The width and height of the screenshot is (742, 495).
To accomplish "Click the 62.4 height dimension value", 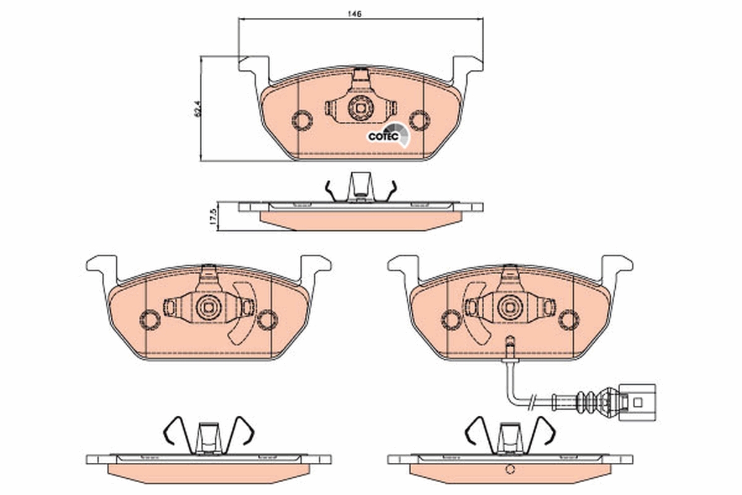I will (x=197, y=109).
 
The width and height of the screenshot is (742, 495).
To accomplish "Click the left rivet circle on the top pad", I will (x=302, y=119).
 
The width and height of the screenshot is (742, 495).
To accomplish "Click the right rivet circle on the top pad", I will (x=419, y=119).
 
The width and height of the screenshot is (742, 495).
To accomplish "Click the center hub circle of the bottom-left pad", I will (x=209, y=306).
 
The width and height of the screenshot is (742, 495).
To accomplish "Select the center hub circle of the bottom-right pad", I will (x=510, y=306).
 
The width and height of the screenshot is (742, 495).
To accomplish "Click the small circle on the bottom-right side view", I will (x=510, y=469).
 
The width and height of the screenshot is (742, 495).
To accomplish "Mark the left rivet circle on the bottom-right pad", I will (x=451, y=319).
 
